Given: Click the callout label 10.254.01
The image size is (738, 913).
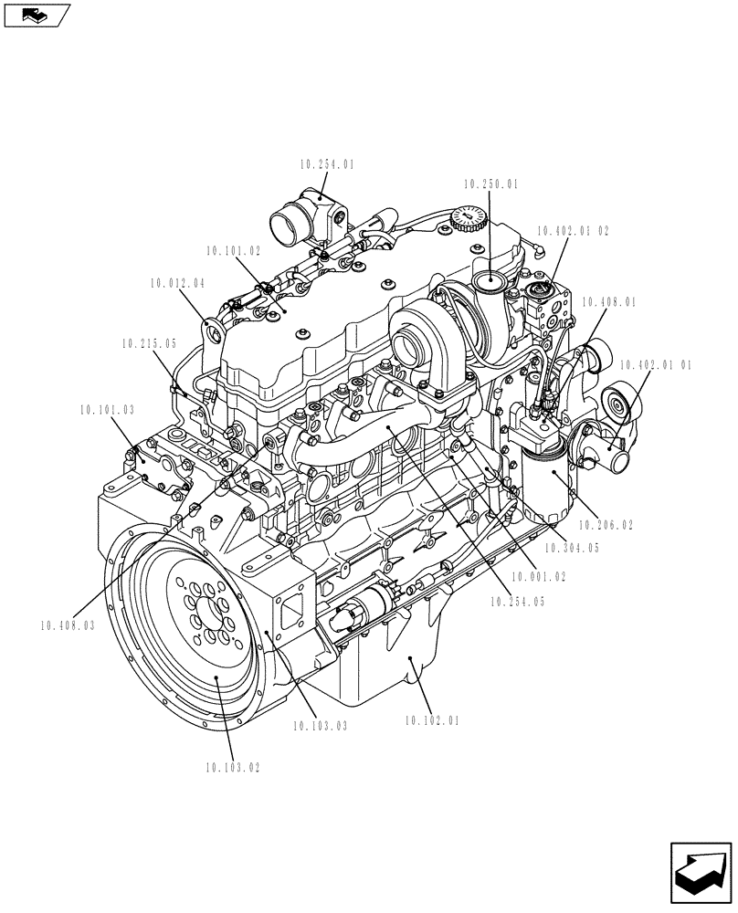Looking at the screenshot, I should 326,165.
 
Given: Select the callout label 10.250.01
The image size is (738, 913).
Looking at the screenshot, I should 490,184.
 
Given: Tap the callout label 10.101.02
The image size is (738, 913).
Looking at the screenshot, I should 233,249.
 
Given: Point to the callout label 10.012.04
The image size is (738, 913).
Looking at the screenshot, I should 178,284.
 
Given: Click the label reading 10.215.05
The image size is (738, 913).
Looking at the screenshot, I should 148,344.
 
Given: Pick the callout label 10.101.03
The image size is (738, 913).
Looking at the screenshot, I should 107,410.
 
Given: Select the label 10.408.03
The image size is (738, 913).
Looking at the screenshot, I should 68,625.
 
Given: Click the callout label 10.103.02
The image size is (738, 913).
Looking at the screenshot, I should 233,768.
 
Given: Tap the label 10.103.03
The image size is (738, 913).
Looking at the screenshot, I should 321,726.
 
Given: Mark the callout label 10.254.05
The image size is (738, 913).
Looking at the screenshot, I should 517,602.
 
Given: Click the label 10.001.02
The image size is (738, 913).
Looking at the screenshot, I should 539,577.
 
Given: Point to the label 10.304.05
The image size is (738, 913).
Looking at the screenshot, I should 572,548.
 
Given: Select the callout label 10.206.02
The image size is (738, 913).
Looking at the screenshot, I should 606,525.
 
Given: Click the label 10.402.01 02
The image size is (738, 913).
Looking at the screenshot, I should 573,232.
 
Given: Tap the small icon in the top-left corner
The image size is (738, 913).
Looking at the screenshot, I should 37,14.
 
